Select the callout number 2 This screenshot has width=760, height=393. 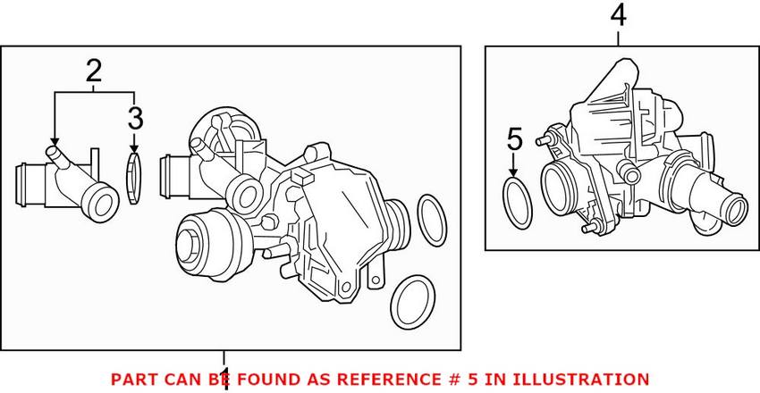pyautogui.click(x=94, y=71)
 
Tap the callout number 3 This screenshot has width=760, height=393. pyautogui.click(x=134, y=117)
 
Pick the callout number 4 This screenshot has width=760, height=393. pyautogui.click(x=620, y=16)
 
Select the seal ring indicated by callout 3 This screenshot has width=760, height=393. pyautogui.click(x=134, y=178)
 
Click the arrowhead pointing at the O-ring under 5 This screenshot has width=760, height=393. pyautogui.click(x=514, y=171)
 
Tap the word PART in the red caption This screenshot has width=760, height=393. pyautogui.click(x=129, y=380)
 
